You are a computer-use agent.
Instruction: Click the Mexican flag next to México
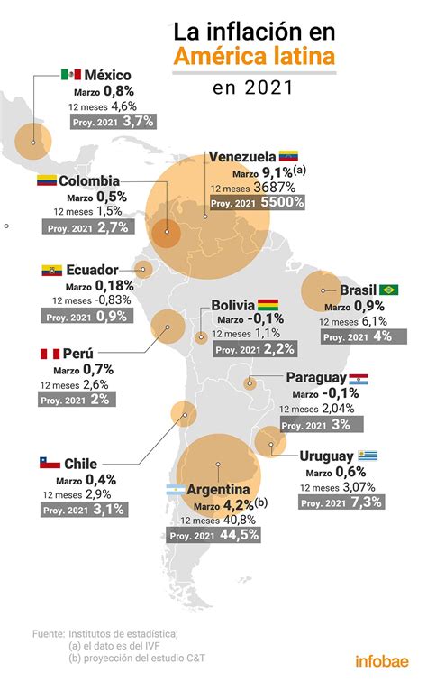tap(71, 74)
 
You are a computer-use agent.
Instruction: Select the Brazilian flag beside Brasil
tap(389, 290)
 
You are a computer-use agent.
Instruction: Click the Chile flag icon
tap(49, 464)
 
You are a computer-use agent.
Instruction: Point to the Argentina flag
tap(176, 490)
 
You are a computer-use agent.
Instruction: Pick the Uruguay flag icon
tap(368, 456)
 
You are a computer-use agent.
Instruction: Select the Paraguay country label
tap(315, 378)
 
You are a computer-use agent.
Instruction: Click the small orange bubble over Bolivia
tap(201, 336)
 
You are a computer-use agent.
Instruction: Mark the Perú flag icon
tap(49, 354)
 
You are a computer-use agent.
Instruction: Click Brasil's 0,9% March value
tap(376, 305)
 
